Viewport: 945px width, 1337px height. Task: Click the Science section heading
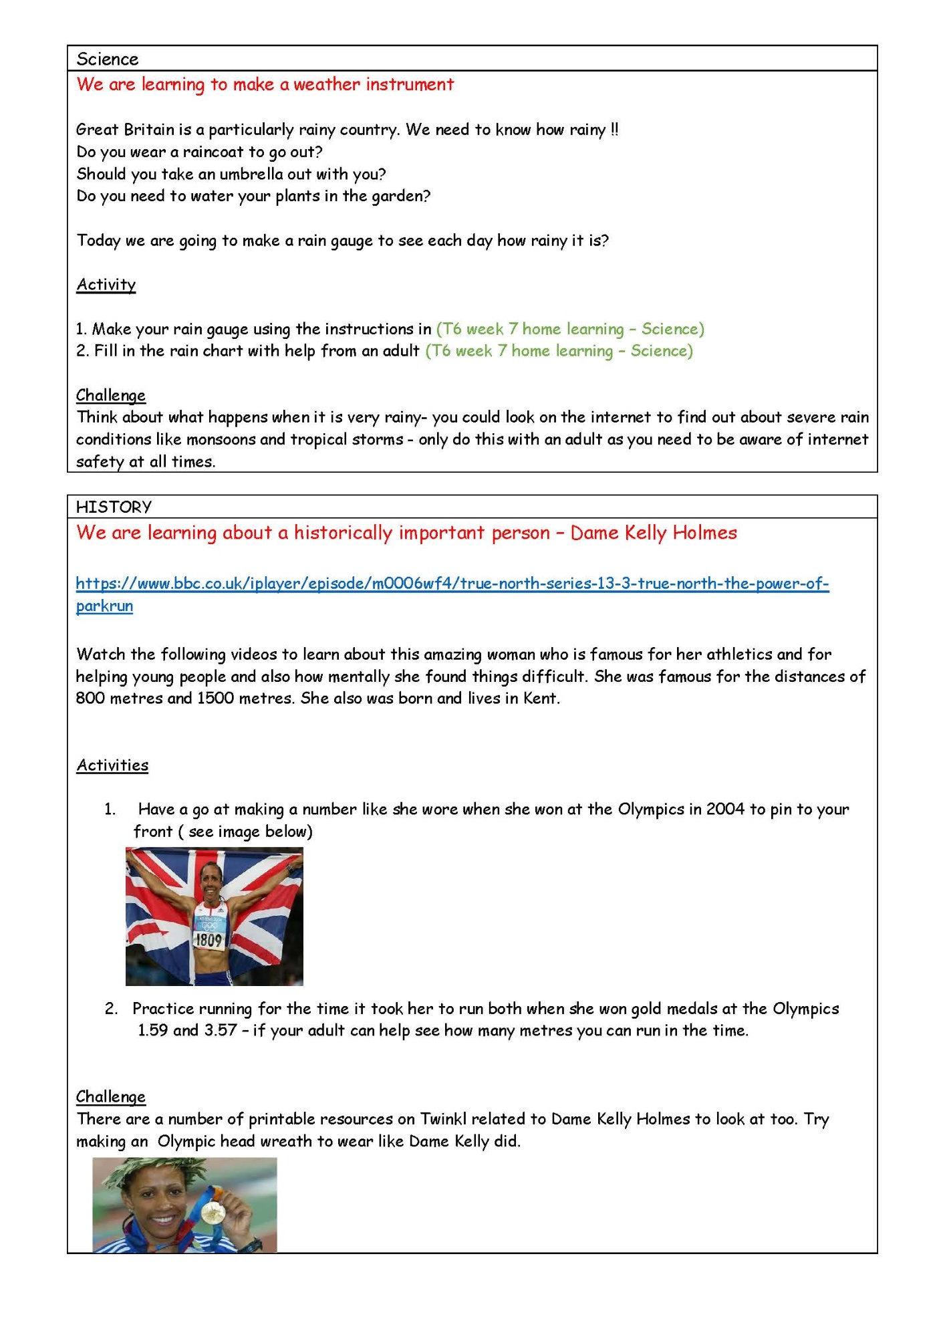point(108,59)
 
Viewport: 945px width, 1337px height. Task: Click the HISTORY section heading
point(114,507)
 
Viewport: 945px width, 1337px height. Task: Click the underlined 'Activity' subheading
point(106,285)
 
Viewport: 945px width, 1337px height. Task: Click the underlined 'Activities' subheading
point(112,765)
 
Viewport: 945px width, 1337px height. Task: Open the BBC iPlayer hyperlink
point(452,584)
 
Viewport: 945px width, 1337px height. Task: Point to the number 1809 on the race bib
point(208,940)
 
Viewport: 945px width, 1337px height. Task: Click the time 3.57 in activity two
point(221,1030)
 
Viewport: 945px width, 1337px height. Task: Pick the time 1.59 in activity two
point(152,1030)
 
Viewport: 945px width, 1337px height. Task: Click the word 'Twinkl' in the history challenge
point(444,1119)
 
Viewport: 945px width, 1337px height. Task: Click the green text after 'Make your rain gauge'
point(570,329)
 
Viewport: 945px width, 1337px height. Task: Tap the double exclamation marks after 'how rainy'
point(614,130)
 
